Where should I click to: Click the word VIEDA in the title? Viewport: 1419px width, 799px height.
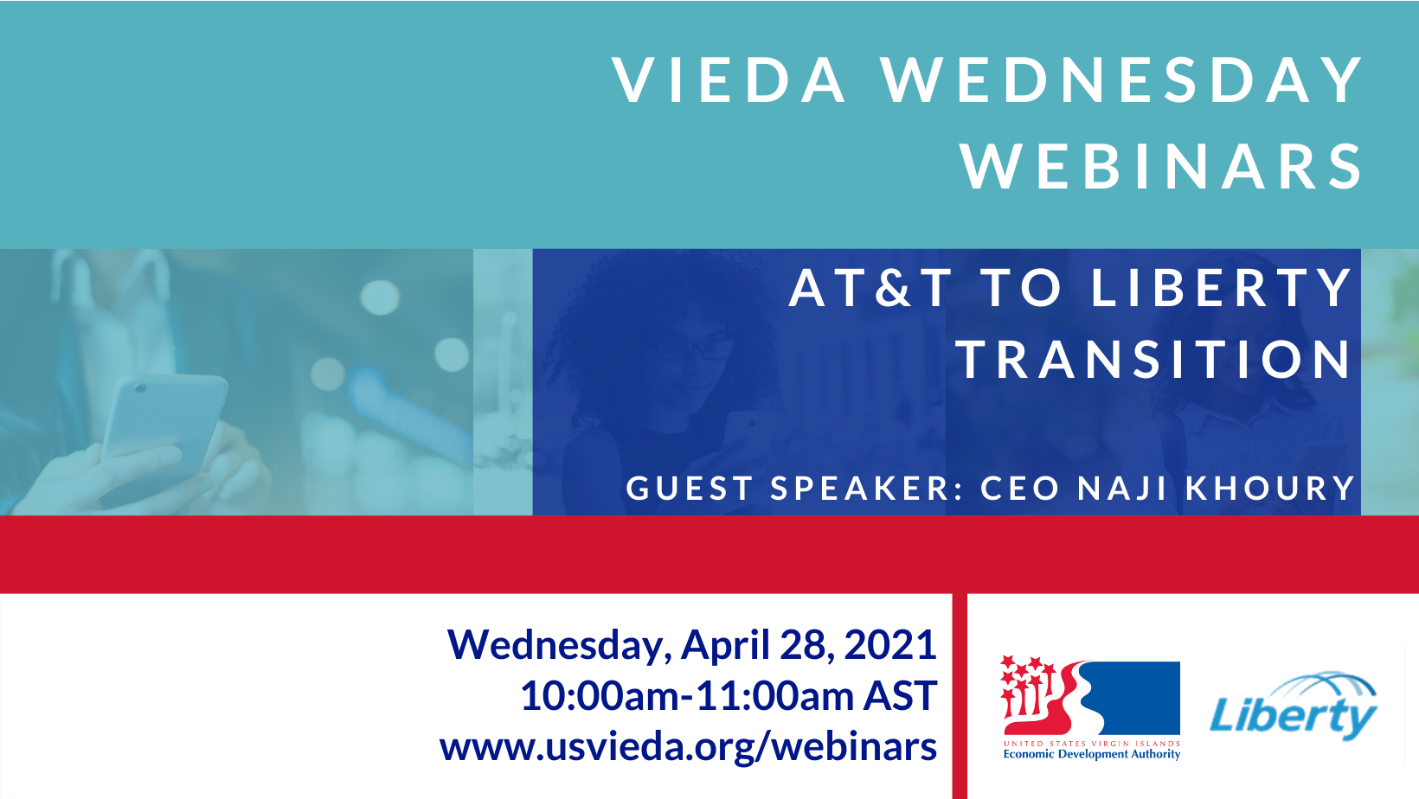pos(729,80)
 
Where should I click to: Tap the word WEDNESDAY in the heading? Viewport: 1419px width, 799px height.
pos(1122,80)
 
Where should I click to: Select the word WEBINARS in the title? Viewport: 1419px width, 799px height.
pos(1162,166)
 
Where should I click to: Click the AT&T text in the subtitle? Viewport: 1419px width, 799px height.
pos(871,287)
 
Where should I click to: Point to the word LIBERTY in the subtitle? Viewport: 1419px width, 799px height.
pos(1222,287)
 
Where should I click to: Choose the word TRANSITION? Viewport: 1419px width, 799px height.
pos(1153,359)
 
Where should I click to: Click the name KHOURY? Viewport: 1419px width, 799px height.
pos(1269,488)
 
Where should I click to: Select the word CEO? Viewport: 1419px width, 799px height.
pos(1020,488)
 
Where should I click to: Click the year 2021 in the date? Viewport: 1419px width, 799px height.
pos(890,645)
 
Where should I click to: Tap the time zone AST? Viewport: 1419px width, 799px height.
pos(900,696)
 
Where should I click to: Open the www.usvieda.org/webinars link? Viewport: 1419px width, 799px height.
pos(688,748)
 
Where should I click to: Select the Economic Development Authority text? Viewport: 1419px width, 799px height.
pos(1091,754)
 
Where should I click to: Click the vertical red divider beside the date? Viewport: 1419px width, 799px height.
pos(960,696)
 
